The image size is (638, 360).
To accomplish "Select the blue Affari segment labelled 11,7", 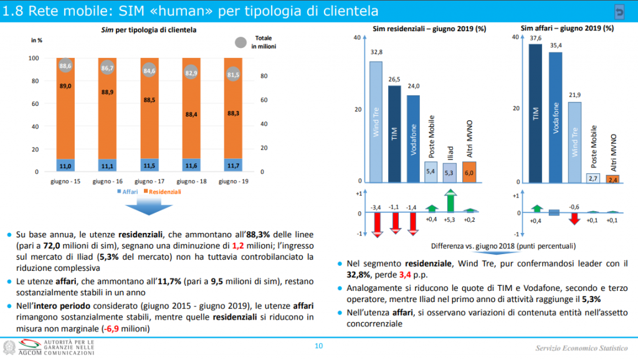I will click(232, 166).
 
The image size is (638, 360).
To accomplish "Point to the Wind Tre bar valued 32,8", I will click(376, 121).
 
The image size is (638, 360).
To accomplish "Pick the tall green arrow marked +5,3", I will click(450, 201).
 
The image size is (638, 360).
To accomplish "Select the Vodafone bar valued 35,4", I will click(555, 118).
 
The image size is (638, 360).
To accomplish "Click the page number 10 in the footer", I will click(319, 346).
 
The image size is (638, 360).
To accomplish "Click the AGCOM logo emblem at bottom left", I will click(11, 347).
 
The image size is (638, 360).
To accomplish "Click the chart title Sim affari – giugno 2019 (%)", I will click(566, 28).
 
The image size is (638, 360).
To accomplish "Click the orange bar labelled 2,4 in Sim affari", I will click(613, 179).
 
